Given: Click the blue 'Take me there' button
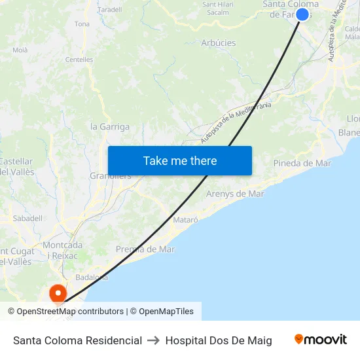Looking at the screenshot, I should (180, 160).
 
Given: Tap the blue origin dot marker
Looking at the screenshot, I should (302, 14).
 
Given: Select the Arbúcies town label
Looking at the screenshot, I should (219, 43).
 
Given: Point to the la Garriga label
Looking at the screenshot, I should (110, 127).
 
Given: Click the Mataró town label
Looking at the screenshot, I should (186, 220).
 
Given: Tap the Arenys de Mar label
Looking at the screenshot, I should (235, 194).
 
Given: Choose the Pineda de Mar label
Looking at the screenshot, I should (302, 163).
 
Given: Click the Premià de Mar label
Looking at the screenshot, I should (145, 249).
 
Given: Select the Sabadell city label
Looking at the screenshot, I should (27, 218).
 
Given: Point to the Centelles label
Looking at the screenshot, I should (79, 60).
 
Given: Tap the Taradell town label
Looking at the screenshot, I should (110, 10).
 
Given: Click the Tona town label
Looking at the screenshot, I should (82, 24).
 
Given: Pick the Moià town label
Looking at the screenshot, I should (20, 50).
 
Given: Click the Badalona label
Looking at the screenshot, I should (92, 277).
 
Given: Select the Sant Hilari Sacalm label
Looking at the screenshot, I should (217, 8).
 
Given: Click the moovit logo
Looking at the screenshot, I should (321, 340).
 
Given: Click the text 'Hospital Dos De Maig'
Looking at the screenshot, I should (219, 340).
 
